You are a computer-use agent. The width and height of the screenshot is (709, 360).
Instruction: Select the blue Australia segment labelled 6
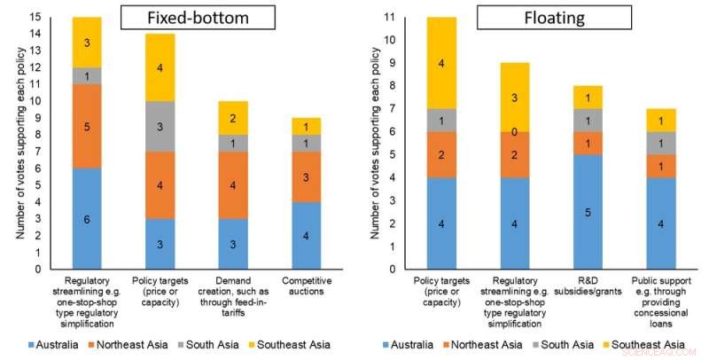click(x=87, y=218)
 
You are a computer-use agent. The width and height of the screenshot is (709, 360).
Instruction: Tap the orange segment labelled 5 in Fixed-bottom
click(x=87, y=126)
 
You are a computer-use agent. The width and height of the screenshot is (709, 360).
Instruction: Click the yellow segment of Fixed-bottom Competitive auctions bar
click(x=307, y=126)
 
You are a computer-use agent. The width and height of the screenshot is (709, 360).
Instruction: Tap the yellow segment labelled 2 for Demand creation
click(x=233, y=118)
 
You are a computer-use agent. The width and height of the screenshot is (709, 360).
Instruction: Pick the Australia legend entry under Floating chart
click(x=413, y=344)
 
